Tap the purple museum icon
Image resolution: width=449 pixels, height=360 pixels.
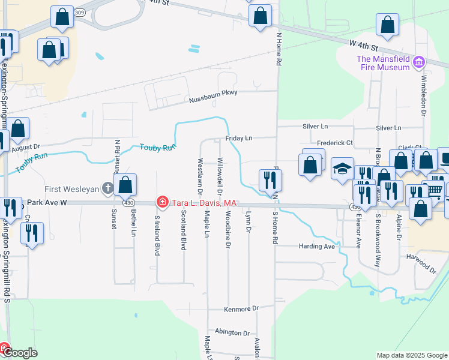419,62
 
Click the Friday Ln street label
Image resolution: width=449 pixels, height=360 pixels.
239,138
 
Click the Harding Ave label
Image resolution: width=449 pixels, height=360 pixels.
316,246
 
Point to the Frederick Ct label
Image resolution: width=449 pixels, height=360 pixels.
335,143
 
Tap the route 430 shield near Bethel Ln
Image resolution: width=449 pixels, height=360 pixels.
128,203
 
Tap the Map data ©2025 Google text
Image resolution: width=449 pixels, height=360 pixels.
411,355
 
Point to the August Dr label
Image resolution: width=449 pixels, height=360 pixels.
25,146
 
